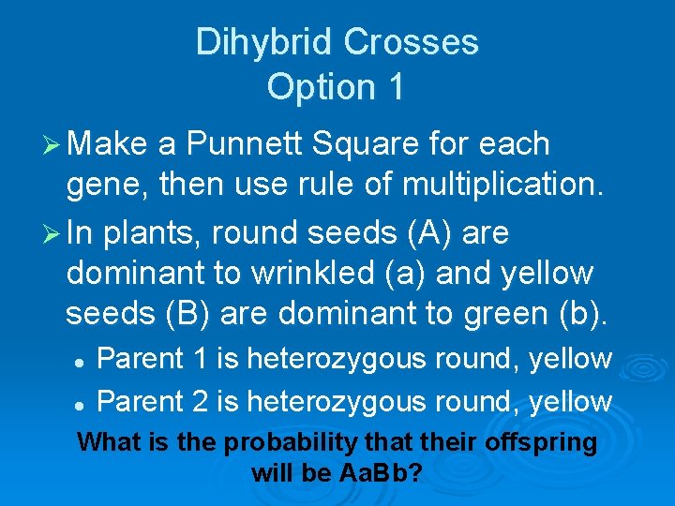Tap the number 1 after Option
click(x=393, y=87)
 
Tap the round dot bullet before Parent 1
click(x=82, y=360)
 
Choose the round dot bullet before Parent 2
click(x=82, y=403)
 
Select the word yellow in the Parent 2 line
click(x=570, y=402)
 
